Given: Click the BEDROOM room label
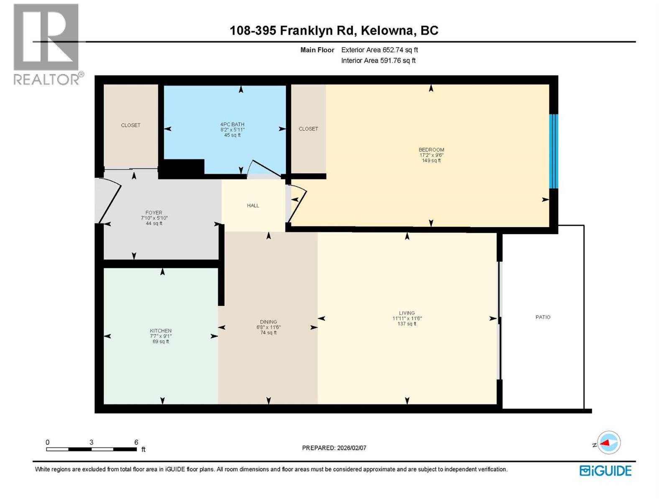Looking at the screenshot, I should [431, 150].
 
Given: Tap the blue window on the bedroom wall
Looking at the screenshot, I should [553, 151].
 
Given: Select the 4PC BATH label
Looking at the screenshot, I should [232, 124].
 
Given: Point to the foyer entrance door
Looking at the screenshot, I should [110, 200].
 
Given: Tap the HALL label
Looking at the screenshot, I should [253, 205].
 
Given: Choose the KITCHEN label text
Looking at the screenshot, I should [161, 330].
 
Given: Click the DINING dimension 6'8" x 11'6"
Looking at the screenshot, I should [268, 328].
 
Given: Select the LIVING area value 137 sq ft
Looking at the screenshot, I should [406, 324].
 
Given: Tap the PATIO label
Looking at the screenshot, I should [543, 317].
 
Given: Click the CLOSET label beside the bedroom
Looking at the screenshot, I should [308, 129].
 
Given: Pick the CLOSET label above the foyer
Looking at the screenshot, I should [130, 125].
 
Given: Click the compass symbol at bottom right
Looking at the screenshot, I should [609, 443].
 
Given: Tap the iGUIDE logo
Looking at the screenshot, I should [605, 471].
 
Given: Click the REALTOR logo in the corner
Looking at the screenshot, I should [46, 44].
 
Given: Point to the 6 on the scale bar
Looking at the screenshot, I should [136, 442].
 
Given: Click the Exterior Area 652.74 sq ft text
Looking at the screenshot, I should [379, 50].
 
